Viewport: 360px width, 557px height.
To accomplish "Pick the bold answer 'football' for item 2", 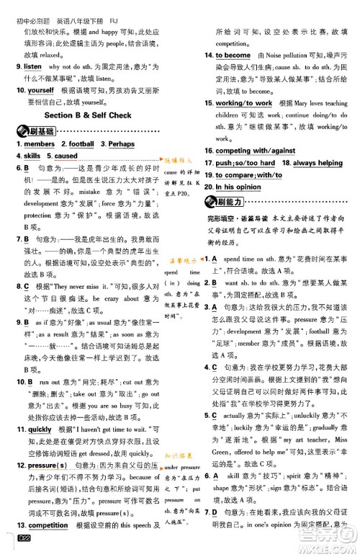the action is pyautogui.click(x=81, y=144).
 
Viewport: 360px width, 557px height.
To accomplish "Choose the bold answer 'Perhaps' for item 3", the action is pyautogui.click(x=122, y=144).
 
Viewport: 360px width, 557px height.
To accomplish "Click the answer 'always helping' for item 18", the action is pyautogui.click(x=318, y=163).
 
